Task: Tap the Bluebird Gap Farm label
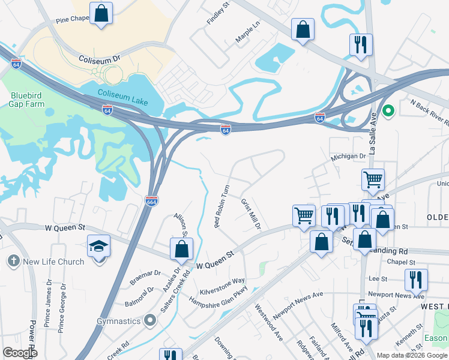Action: coord(27,100)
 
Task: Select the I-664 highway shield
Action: coord(151,200)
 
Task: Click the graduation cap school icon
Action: coord(100,245)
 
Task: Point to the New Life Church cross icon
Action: coord(13,261)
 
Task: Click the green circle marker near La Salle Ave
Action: coord(388,110)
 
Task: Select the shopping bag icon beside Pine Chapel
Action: coord(102,13)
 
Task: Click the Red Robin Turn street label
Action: coord(222,206)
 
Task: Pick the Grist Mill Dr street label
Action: coord(251,214)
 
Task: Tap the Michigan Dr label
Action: coord(348,156)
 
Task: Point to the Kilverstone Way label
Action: coord(222,285)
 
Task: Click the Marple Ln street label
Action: coord(248,31)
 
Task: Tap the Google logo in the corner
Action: coord(20,353)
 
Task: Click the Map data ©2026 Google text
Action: coord(412,355)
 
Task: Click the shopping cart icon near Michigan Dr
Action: coord(373,178)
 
